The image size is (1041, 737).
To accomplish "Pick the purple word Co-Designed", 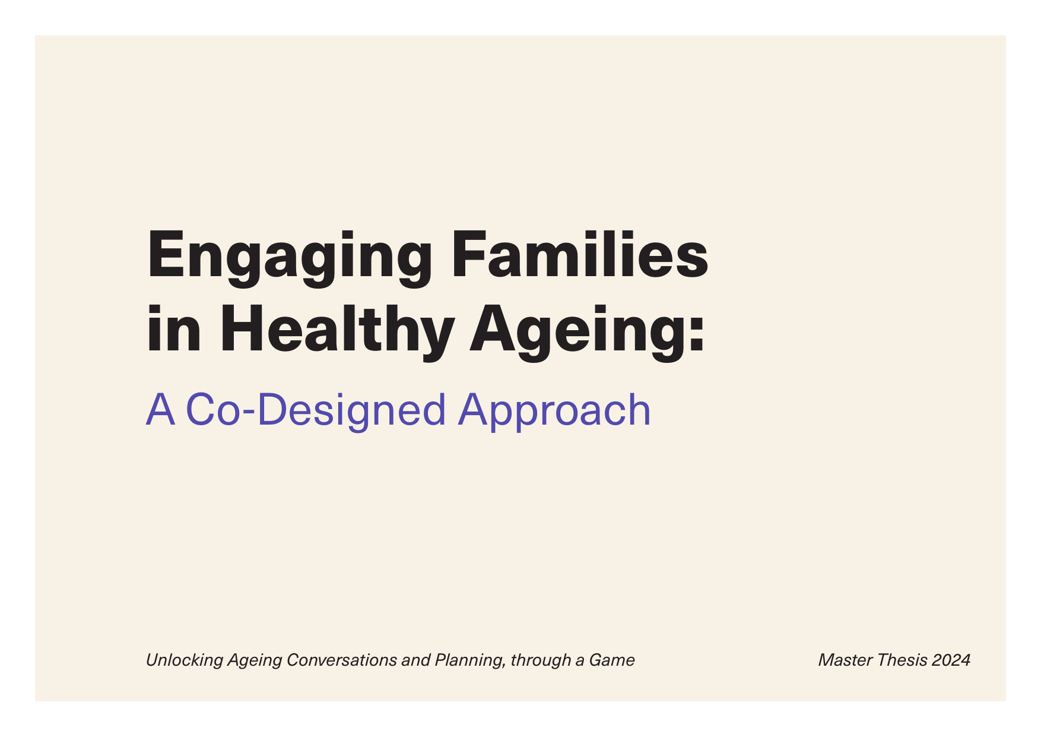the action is click(x=316, y=411).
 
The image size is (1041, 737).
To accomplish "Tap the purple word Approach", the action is click(x=554, y=411).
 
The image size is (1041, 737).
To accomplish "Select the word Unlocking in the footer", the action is click(x=185, y=660).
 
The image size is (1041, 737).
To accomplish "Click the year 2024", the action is click(x=951, y=660).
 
